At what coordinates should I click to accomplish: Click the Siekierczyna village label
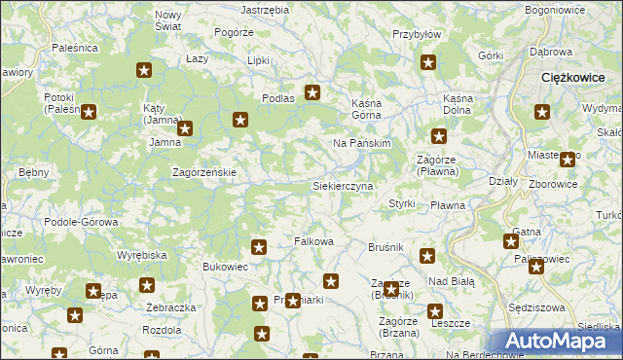point(342,185)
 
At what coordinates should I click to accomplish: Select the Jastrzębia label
point(265,9)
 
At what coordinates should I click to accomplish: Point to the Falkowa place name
point(314,241)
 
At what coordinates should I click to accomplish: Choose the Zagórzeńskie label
point(204,172)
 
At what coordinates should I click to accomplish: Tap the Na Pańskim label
point(361,143)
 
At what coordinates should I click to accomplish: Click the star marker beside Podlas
point(312,93)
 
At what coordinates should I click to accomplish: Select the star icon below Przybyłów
point(428,63)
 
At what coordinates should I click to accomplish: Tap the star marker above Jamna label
point(185,126)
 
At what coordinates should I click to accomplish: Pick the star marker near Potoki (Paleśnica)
point(89,112)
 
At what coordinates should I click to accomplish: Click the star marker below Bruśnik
point(426,256)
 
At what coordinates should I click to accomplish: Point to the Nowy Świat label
point(168,20)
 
